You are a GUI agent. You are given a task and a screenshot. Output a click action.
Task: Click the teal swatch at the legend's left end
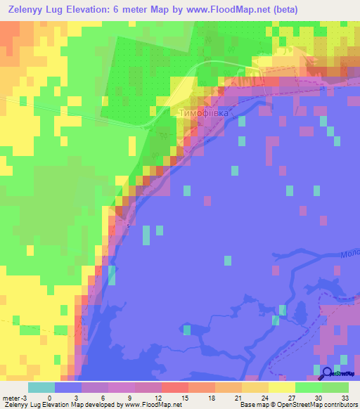click(41, 387)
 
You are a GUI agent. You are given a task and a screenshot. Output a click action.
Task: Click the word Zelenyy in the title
click(28, 10)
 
